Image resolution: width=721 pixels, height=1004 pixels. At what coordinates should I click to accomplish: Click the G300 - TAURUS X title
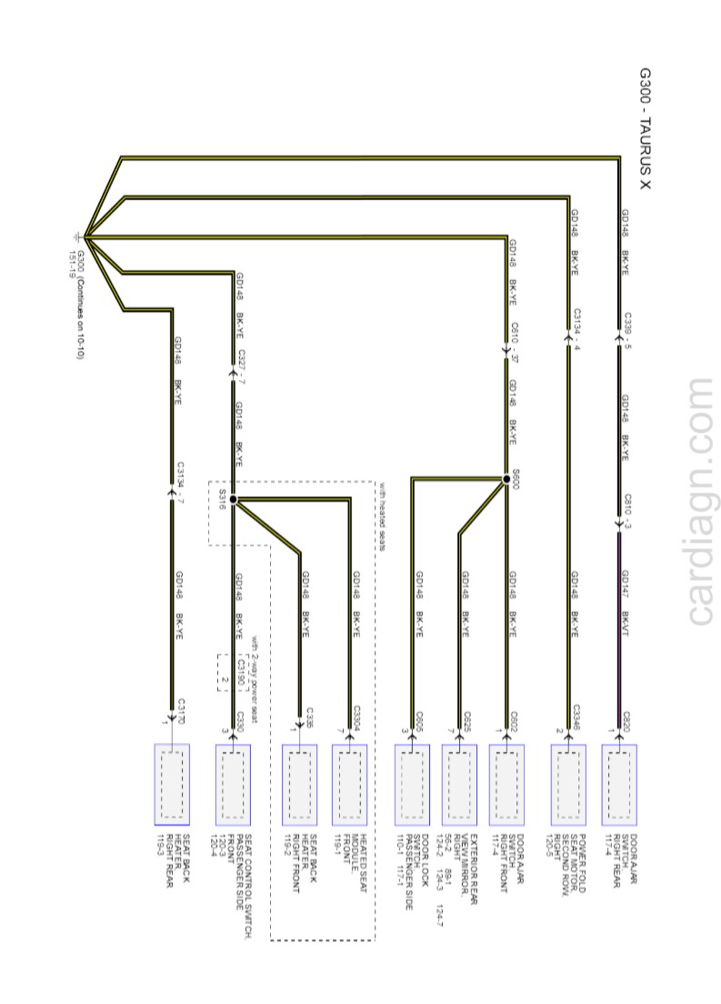645,128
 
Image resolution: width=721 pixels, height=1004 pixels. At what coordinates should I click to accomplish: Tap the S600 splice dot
505,478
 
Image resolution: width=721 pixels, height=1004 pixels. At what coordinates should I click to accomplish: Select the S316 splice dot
233,499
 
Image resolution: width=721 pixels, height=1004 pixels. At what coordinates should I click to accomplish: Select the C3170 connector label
181,709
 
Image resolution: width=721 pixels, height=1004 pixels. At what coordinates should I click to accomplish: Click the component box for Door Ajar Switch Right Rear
618,784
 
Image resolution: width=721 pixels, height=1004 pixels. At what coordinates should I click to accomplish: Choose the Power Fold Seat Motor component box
568,784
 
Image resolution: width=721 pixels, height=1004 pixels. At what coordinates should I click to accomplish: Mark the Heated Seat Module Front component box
349,784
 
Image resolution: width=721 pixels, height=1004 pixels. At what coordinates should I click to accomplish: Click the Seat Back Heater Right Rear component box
172,784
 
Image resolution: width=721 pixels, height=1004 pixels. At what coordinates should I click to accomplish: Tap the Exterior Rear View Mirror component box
459,784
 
